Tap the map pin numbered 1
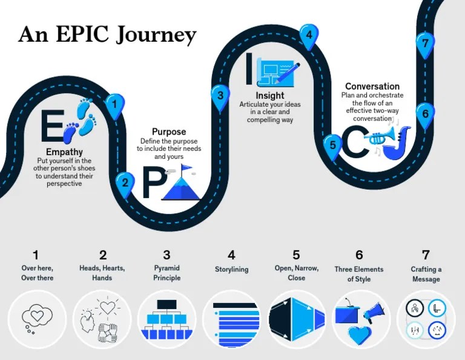[114, 105]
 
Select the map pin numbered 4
[309, 35]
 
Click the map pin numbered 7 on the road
[426, 43]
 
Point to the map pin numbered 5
[332, 145]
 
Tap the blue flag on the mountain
[186, 167]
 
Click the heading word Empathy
[64, 152]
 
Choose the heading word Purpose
[169, 132]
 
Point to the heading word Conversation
[372, 87]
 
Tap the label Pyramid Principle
[167, 273]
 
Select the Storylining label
[231, 270]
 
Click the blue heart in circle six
[360, 333]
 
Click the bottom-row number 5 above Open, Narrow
[296, 255]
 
